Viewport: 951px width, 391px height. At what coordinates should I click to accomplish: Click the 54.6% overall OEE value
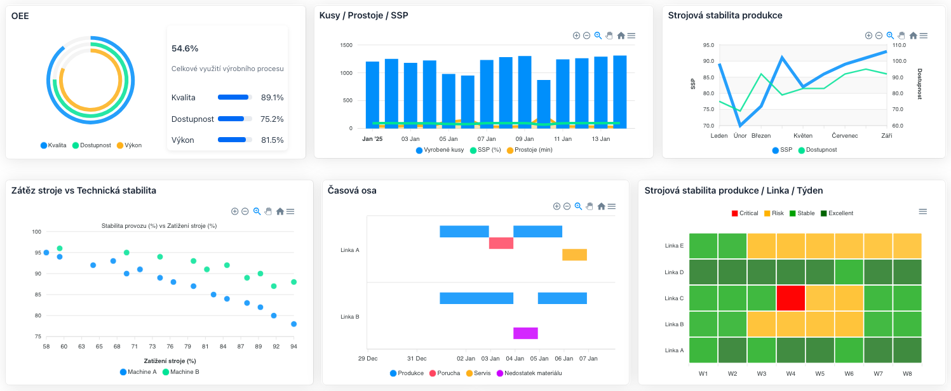click(185, 48)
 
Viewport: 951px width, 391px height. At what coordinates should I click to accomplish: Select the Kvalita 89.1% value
click(272, 98)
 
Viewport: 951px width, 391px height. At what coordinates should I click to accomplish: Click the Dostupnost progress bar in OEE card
click(234, 119)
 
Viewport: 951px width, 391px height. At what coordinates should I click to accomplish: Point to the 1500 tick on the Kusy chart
click(346, 45)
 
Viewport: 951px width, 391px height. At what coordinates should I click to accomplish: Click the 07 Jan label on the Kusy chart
click(486, 138)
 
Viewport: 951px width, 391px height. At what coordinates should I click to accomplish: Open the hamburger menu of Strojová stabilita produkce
click(923, 36)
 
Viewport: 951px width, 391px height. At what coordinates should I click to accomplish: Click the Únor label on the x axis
click(740, 135)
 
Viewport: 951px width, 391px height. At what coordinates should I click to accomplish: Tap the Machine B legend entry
click(181, 372)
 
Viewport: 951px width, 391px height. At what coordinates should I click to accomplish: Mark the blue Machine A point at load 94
click(293, 324)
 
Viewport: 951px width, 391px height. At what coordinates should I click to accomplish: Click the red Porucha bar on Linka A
click(501, 243)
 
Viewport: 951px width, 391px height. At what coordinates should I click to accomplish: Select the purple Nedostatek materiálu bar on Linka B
click(525, 333)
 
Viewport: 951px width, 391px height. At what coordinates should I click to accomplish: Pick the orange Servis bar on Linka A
click(574, 255)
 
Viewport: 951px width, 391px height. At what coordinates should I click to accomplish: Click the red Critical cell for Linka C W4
click(790, 298)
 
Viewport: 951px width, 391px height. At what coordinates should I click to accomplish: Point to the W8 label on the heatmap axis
click(907, 373)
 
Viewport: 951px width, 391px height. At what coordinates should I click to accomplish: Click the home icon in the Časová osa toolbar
click(600, 206)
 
